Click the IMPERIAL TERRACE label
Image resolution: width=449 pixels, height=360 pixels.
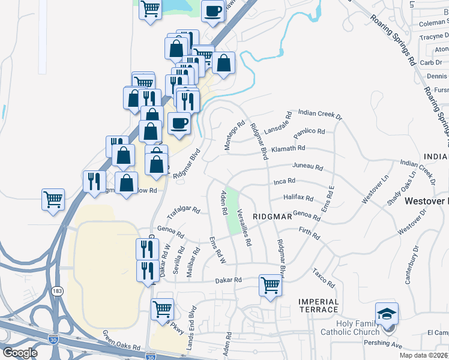pyautogui.click(x=319, y=305)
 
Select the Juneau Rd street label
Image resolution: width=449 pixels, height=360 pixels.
pyautogui.click(x=307, y=167)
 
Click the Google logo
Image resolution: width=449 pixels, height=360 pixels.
pyautogui.click(x=20, y=352)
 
